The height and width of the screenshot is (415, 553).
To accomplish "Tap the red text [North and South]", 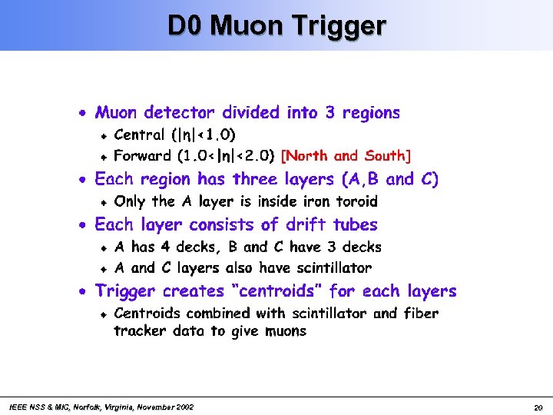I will (346, 156).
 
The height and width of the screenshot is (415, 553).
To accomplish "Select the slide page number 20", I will (538, 407).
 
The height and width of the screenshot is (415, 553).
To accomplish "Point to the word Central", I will (139, 135).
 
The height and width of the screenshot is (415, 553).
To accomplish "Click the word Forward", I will (143, 156).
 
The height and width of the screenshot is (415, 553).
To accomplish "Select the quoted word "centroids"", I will (276, 291).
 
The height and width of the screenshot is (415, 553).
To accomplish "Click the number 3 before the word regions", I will (329, 113).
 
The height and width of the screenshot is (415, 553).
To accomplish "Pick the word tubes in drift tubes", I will (353, 225).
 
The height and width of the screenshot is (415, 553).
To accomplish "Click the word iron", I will (310, 202).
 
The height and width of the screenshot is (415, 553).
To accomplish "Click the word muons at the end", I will (284, 331).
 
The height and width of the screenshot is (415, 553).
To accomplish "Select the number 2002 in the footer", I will (184, 407).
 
